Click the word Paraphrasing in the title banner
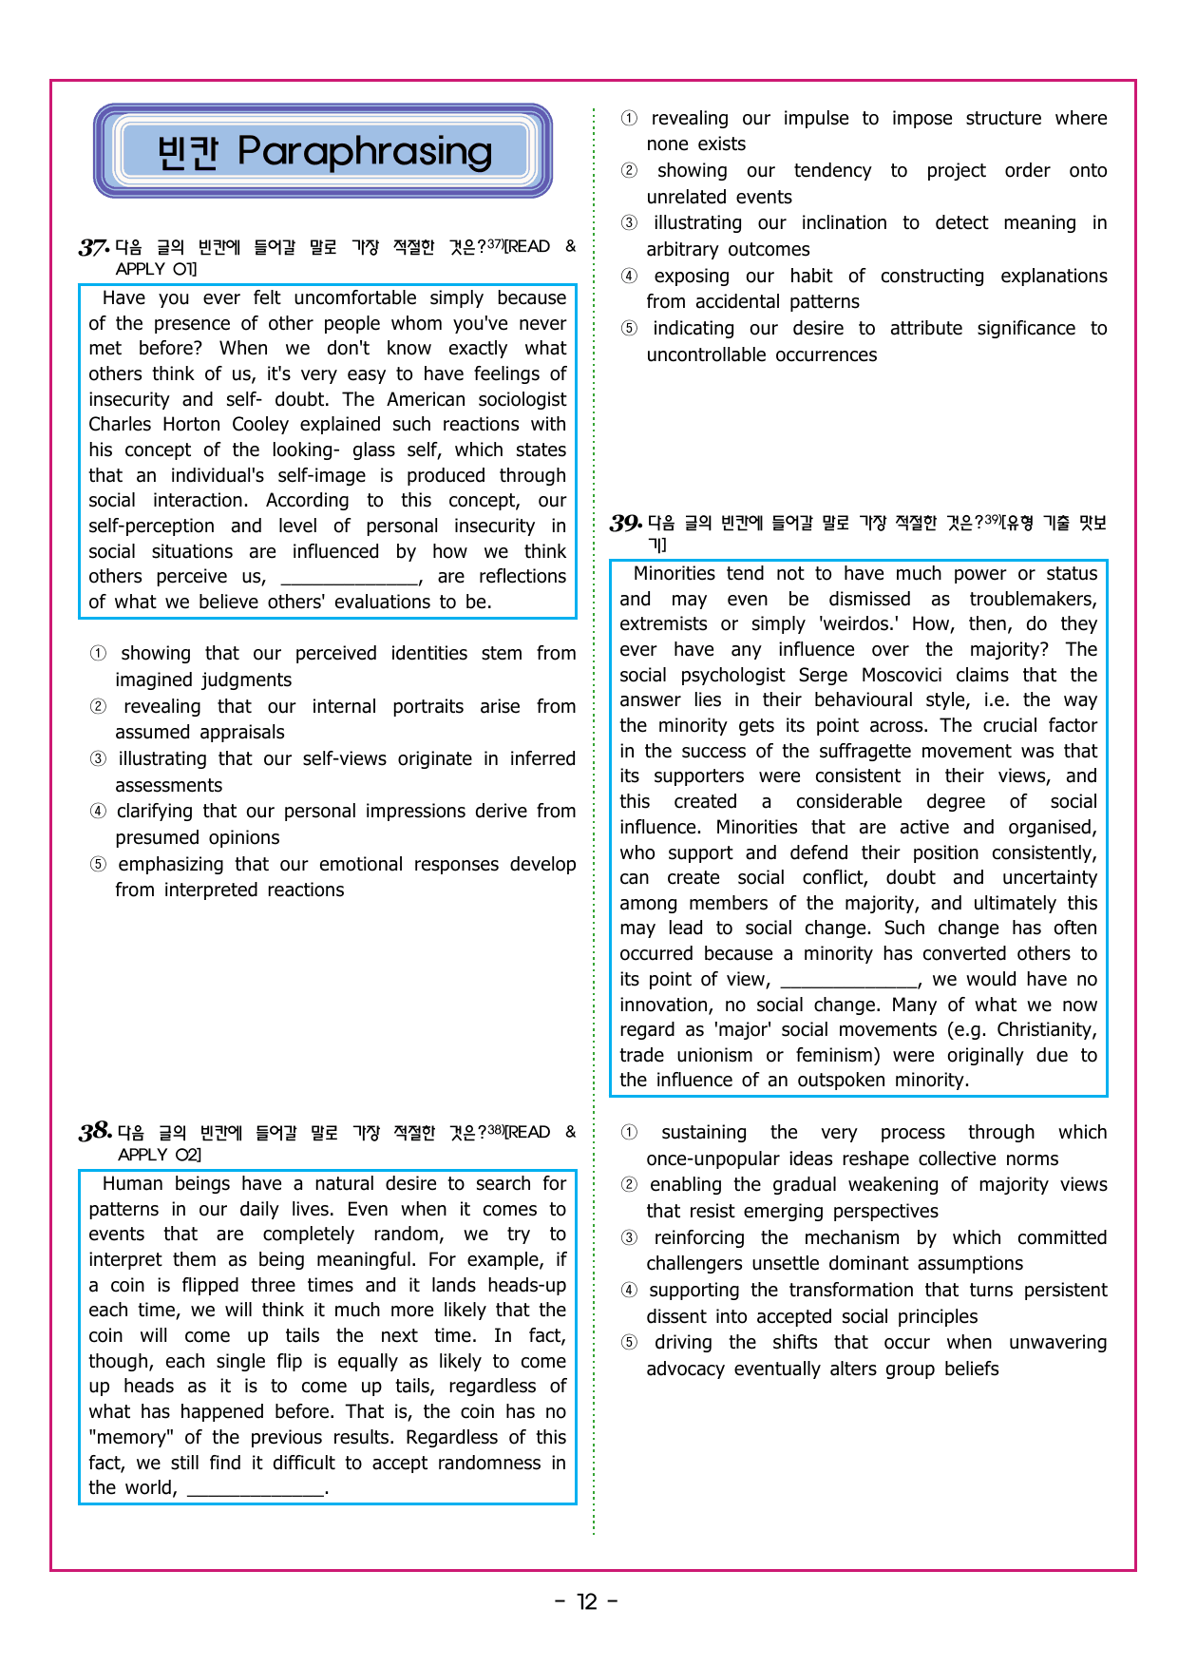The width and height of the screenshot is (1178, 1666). tap(365, 152)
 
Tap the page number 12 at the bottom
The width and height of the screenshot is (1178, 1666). tap(587, 1602)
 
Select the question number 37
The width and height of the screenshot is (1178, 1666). tap(93, 248)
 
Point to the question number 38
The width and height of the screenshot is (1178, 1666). tap(95, 1132)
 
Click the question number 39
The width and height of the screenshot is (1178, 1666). tap(625, 524)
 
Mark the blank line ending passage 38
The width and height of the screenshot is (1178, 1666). tap(256, 1489)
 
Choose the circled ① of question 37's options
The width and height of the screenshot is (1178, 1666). tap(98, 654)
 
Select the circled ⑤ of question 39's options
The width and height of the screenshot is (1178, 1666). tap(629, 1343)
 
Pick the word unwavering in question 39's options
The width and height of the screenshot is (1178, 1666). tap(1057, 1343)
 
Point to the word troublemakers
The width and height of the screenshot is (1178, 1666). tap(1032, 600)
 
